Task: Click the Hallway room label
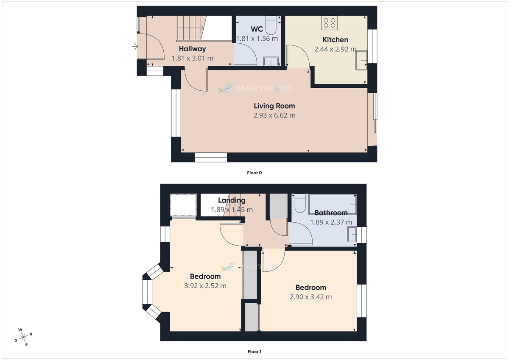(192, 49)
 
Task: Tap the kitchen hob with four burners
(329, 22)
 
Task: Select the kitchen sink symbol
(361, 60)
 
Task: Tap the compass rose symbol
(23, 337)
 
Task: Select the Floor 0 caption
(255, 173)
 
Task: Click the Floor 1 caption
(255, 352)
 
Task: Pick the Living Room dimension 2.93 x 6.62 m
(274, 115)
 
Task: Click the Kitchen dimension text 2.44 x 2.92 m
(335, 49)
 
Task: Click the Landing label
(232, 200)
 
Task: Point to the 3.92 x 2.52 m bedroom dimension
(205, 286)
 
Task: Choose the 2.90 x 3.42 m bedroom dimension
(310, 297)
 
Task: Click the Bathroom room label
(331, 213)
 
